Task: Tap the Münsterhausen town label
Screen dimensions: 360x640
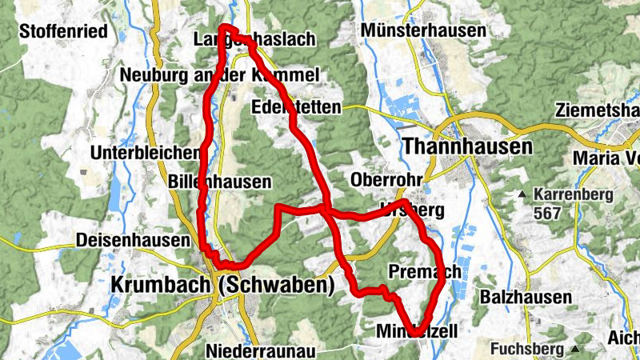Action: pos(423,31)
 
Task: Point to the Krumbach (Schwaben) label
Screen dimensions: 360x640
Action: pos(221,285)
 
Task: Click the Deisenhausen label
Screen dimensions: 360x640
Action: pos(132,240)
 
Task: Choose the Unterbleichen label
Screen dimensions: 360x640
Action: pos(145,153)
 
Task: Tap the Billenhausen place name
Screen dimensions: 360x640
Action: pos(220,182)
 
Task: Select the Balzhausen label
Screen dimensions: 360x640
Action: pos(526,298)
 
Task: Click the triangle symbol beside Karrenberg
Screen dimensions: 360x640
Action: pos(522,194)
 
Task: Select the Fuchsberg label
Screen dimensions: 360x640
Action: pos(526,349)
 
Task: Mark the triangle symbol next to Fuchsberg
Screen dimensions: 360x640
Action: pos(575,350)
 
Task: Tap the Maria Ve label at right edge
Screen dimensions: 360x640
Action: pos(606,158)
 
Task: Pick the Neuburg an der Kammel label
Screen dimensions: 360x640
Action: pos(219,75)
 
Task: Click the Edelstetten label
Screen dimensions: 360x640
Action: pos(295,107)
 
